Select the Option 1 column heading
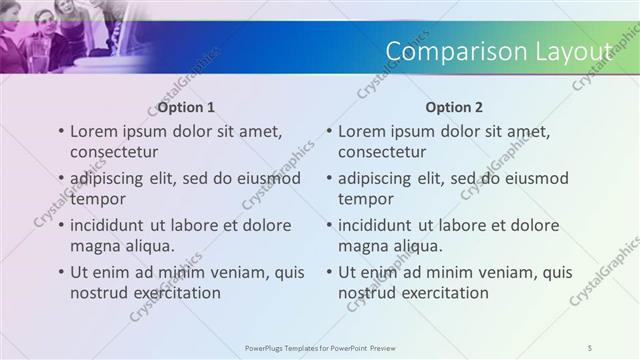pos(186,107)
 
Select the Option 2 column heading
pos(454,107)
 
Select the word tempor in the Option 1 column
pos(95,199)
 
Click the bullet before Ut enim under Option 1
pos(61,272)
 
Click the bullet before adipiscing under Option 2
pos(329,178)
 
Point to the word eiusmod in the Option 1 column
pos(267,178)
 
